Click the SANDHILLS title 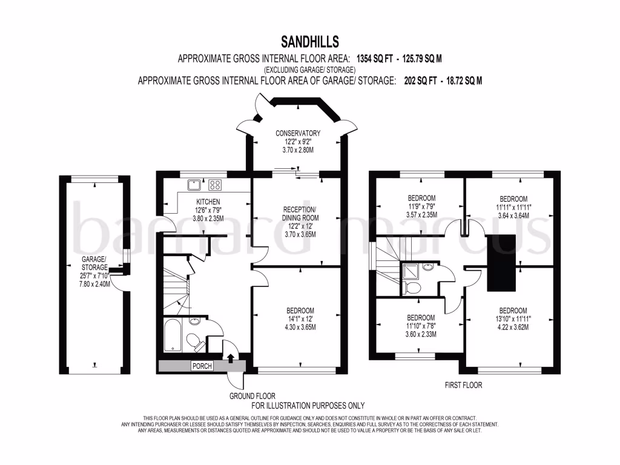coord(309,42)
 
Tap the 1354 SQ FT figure coord(374,59)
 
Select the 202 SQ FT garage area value coord(420,81)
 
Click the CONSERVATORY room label coord(298,133)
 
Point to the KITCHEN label coord(208,202)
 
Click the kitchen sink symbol coord(194,185)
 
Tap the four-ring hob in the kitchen coord(215,185)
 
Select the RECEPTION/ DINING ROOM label coord(300,214)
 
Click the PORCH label coord(202,366)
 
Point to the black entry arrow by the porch coord(231,358)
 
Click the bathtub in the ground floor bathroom coord(173,335)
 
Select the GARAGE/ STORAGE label coord(94,263)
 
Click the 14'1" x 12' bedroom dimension coord(300,318)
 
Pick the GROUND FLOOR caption coord(252,396)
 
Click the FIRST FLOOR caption coord(463,385)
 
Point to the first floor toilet coord(412,288)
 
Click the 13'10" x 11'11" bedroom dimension coord(513,318)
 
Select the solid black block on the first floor coord(501,263)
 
